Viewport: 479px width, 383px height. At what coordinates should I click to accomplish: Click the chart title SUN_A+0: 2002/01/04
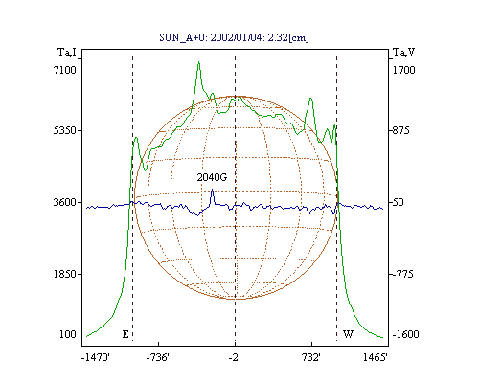pos(208,38)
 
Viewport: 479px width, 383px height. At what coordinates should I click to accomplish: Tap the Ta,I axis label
pos(67,52)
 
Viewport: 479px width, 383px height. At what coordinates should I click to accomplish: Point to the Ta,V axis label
pos(404,52)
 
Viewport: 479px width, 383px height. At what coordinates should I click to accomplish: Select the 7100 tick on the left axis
pos(65,70)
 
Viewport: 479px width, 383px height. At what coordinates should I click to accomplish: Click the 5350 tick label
pos(65,130)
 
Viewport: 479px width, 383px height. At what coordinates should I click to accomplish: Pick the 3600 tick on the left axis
pos(65,202)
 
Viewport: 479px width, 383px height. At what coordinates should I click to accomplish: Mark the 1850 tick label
pos(65,274)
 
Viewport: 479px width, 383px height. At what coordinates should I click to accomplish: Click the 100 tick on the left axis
pos(68,334)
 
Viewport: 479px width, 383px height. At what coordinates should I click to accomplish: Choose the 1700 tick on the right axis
pos(404,70)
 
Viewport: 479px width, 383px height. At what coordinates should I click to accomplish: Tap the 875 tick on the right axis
pos(400,130)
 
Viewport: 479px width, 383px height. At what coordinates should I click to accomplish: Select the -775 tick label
pos(403,274)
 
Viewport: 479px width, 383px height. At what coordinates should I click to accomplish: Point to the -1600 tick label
pos(405,334)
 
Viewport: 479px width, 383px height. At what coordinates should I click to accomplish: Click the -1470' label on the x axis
pos(96,358)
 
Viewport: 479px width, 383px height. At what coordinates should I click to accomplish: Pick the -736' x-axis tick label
pos(158,358)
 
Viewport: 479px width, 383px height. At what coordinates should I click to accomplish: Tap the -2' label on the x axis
pos(235,358)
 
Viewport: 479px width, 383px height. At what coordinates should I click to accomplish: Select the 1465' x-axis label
pos(376,358)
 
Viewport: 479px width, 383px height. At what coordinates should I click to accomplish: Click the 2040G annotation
pos(212,177)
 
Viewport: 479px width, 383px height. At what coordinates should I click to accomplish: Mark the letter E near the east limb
pos(125,334)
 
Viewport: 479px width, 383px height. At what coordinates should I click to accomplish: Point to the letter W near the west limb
pos(348,334)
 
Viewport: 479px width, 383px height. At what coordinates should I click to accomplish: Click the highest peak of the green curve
pos(198,62)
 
